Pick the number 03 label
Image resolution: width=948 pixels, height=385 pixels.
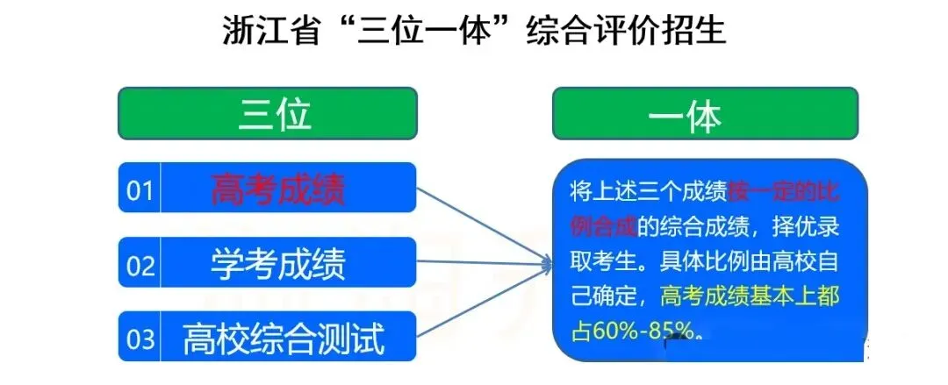(140, 339)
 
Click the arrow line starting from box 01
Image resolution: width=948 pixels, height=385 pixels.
(478, 223)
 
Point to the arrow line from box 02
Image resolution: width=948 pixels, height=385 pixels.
(478, 261)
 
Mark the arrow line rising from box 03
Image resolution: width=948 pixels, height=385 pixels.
(478, 298)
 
